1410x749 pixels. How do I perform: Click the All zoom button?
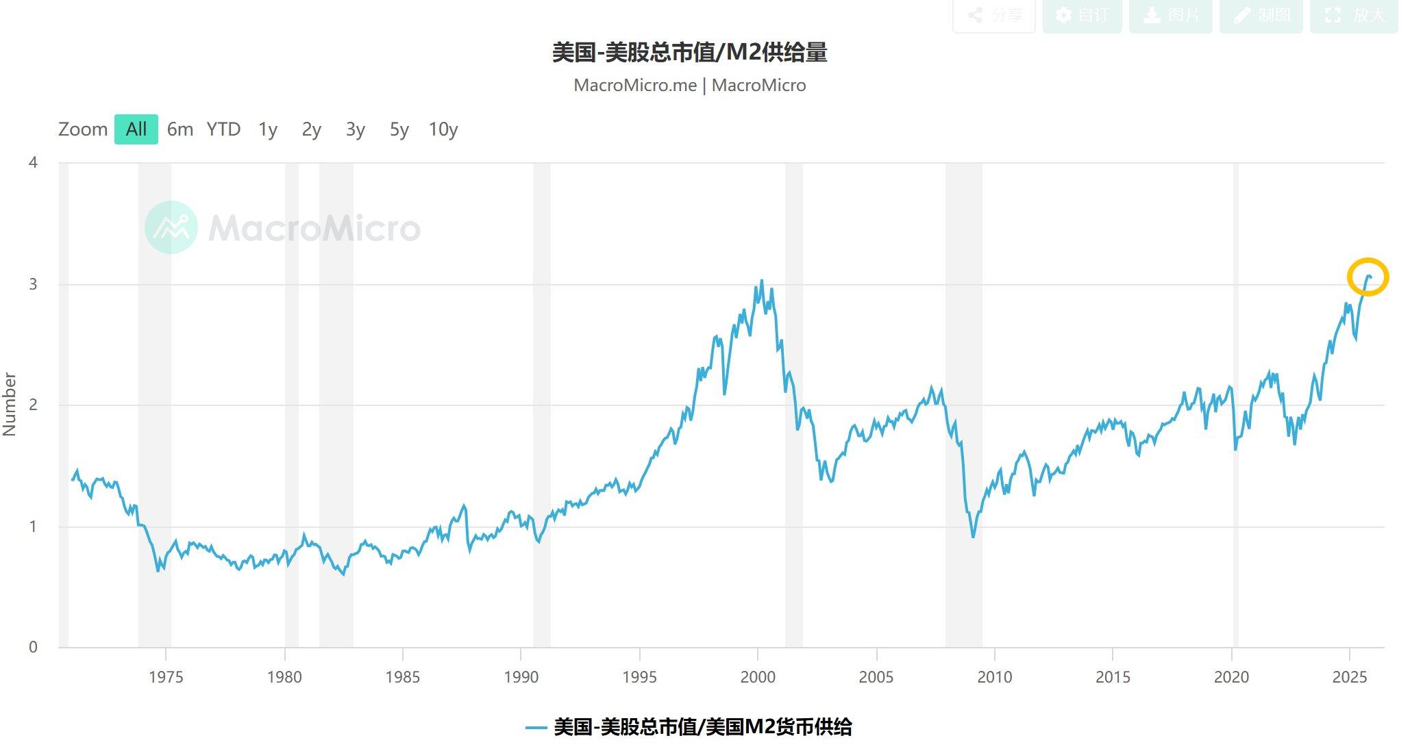136,129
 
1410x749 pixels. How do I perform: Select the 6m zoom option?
180,129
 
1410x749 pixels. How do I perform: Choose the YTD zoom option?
223,129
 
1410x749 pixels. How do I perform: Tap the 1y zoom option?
268,129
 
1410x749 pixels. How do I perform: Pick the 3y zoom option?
355,129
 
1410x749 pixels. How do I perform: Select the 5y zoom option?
399,129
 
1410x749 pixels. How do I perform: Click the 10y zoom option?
443,129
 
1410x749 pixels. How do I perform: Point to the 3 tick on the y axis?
33,284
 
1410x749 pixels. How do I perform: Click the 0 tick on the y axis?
33,648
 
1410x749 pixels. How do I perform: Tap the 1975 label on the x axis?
166,677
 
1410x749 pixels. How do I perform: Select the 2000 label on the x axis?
758,677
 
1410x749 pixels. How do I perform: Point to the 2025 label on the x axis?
1350,677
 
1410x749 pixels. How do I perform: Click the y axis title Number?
10,404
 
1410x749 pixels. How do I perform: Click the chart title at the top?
690,53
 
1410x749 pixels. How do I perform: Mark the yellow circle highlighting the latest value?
1368,277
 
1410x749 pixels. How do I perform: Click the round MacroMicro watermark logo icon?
171,227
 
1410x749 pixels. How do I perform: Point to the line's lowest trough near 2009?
973,536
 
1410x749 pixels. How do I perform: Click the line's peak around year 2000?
762,281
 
